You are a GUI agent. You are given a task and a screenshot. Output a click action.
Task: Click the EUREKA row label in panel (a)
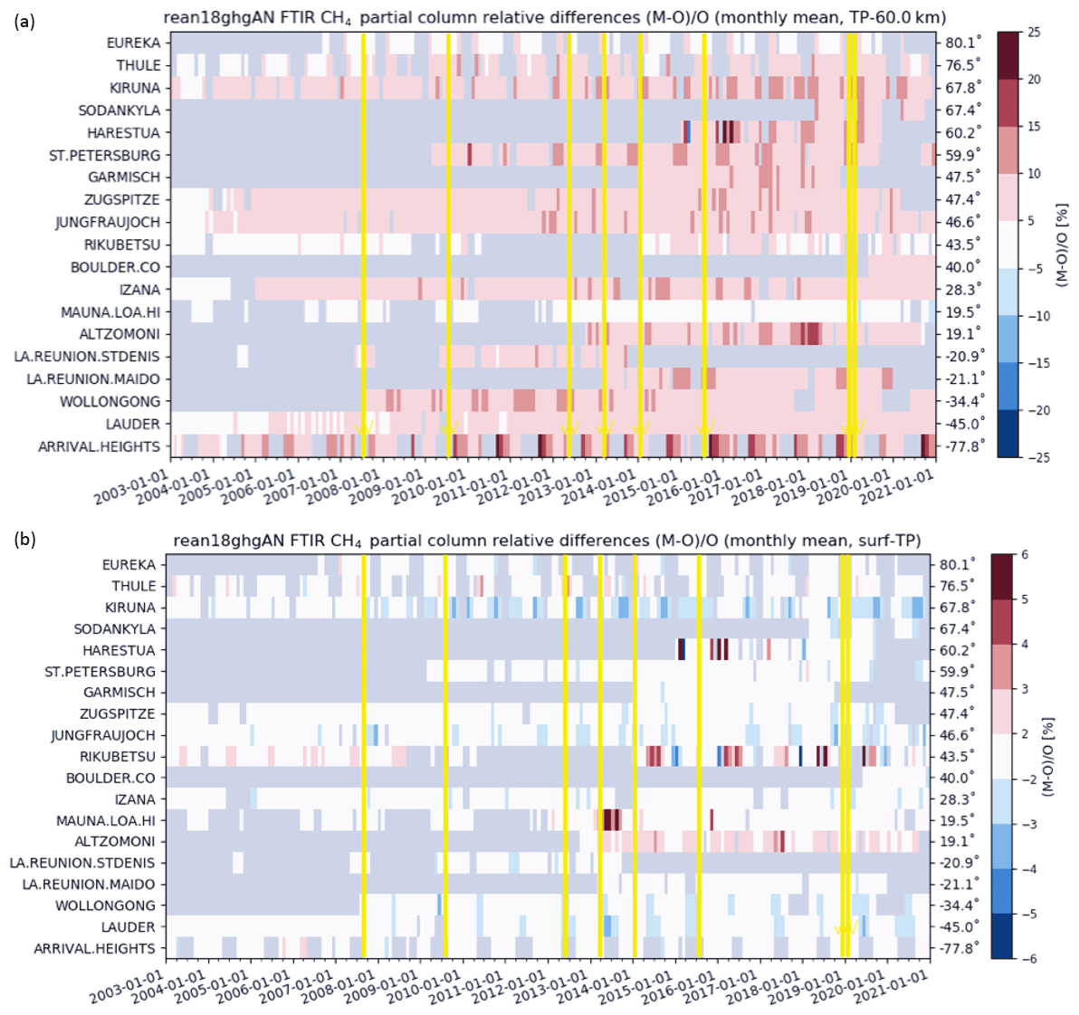point(133,43)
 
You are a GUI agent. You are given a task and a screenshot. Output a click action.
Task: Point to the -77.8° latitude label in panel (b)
point(958,949)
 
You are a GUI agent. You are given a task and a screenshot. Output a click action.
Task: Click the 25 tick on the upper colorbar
point(1035,33)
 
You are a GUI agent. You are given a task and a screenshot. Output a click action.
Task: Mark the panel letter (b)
point(24,540)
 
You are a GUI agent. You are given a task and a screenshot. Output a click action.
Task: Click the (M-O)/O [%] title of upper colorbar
point(1062,244)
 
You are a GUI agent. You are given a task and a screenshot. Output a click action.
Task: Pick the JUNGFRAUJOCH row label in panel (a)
point(108,223)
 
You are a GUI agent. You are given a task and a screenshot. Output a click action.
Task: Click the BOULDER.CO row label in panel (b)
point(110,779)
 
